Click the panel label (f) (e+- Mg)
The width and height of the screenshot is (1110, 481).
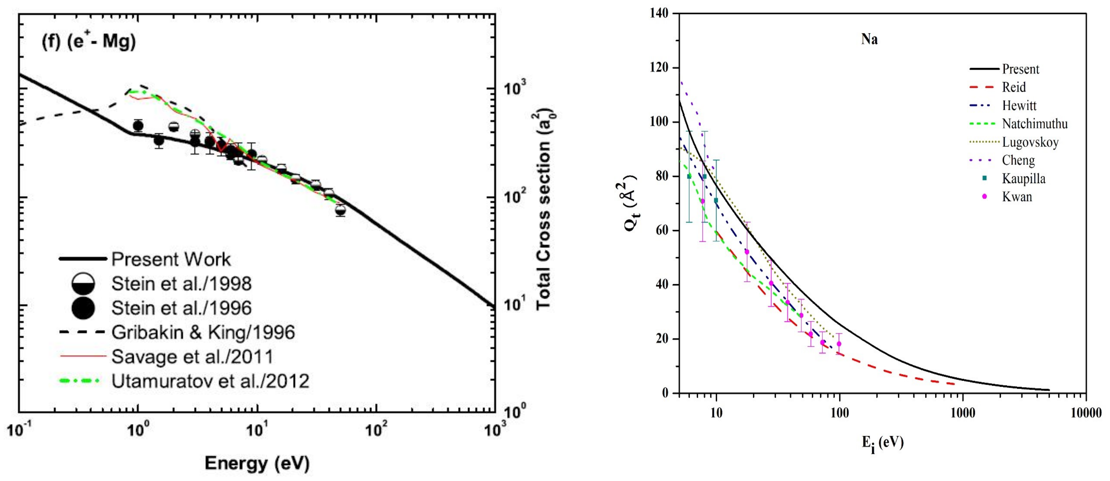(88, 42)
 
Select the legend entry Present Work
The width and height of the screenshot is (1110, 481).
(171, 259)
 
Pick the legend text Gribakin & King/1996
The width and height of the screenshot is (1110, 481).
(203, 332)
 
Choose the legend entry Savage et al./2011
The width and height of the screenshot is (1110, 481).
(192, 357)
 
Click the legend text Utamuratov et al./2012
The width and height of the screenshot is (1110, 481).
(210, 381)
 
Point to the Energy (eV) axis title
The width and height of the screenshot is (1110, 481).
(257, 463)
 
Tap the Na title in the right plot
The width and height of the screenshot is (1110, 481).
(870, 40)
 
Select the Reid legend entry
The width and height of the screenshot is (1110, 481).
(1013, 87)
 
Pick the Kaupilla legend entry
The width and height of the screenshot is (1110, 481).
(1023, 178)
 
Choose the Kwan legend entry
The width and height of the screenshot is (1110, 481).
(1017, 197)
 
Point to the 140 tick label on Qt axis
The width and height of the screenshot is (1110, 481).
(659, 14)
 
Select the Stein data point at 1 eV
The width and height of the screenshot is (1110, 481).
(138, 126)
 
